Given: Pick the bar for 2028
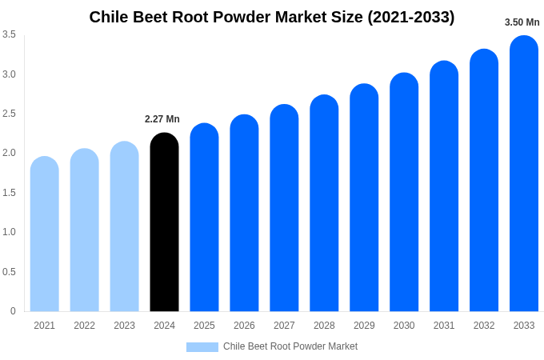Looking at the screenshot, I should pos(324,203).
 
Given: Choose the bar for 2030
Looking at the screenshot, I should pos(404,192).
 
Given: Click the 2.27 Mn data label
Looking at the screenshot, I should pos(162,119).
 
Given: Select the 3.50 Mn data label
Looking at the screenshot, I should pos(522,22).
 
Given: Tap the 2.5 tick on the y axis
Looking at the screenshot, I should pos(9,114).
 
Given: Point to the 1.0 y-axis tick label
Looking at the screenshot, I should pos(9,232).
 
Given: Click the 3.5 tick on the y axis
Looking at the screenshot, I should pos(9,34).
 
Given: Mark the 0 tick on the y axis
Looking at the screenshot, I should pos(13,311).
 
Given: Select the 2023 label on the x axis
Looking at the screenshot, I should pos(124,326).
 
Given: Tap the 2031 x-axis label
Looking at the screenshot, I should pos(444,326).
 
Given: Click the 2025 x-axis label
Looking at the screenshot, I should pos(204,326).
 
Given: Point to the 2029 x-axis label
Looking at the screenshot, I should pos(364,326).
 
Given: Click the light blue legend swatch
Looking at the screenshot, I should pos(202,347).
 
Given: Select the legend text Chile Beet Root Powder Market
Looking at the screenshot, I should pos(290,346).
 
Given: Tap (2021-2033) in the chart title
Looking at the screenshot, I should pos(410,17).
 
